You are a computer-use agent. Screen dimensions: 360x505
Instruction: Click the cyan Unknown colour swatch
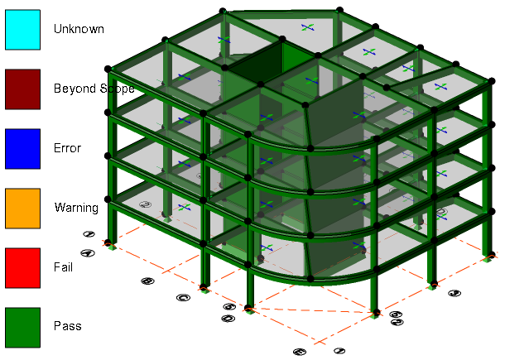pyautogui.click(x=23, y=29)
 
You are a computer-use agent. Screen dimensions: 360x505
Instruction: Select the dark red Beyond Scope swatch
pyautogui.click(x=23, y=89)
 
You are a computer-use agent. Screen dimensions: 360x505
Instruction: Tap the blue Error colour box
pyautogui.click(x=23, y=148)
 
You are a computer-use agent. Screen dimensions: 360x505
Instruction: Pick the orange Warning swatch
pyautogui.click(x=23, y=208)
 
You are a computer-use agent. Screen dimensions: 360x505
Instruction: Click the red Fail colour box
pyautogui.click(x=23, y=267)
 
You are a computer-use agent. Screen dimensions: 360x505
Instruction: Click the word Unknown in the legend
pyautogui.click(x=79, y=29)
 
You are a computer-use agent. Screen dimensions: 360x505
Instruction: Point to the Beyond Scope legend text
pyautogui.click(x=94, y=89)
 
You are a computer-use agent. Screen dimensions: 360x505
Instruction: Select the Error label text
pyautogui.click(x=68, y=148)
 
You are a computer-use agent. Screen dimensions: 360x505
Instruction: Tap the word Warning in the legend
pyautogui.click(x=76, y=208)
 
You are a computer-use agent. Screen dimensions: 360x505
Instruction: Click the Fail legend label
pyautogui.click(x=64, y=267)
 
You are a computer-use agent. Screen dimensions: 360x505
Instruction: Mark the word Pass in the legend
pyautogui.click(x=67, y=327)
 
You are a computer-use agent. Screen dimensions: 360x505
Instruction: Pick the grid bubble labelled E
pyautogui.click(x=299, y=351)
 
